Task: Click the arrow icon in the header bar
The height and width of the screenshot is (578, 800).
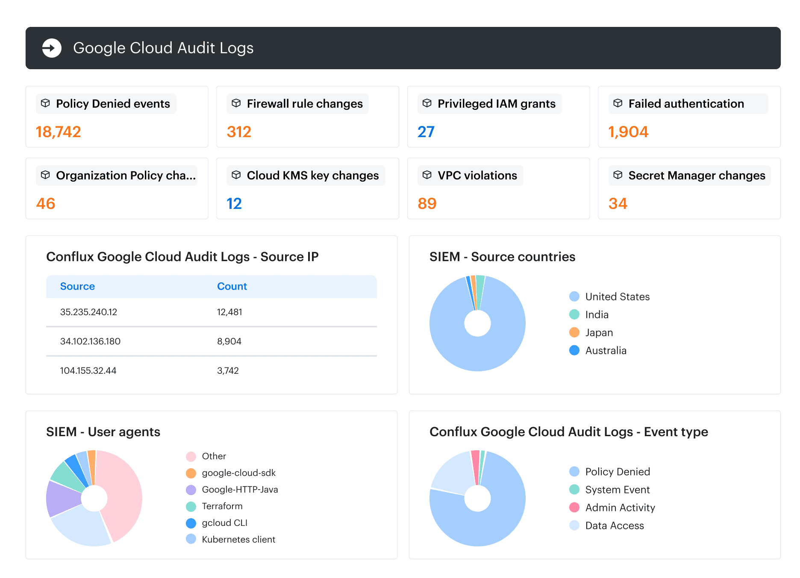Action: pyautogui.click(x=52, y=48)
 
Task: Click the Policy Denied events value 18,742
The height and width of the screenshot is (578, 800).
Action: pyautogui.click(x=59, y=132)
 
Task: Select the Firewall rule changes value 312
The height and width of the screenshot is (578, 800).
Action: pyautogui.click(x=239, y=132)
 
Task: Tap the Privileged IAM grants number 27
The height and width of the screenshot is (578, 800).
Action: pyautogui.click(x=426, y=132)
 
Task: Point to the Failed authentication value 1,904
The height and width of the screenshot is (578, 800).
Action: pyautogui.click(x=628, y=132)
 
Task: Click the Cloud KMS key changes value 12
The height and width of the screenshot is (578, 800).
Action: pyautogui.click(x=234, y=204)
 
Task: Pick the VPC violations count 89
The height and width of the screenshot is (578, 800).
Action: pyautogui.click(x=427, y=204)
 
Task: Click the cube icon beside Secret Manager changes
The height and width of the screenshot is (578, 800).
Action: pyautogui.click(x=618, y=175)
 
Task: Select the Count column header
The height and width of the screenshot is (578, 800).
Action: pyautogui.click(x=232, y=286)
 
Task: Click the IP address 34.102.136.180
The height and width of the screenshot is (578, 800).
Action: pyautogui.click(x=90, y=341)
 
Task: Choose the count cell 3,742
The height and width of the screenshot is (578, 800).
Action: pyautogui.click(x=228, y=371)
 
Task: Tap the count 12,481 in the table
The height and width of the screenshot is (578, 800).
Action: pyautogui.click(x=229, y=312)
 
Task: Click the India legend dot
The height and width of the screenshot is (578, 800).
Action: pyautogui.click(x=574, y=314)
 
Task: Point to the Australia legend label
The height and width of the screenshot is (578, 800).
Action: pyautogui.click(x=606, y=351)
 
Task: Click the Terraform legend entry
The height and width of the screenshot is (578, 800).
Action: pyautogui.click(x=214, y=506)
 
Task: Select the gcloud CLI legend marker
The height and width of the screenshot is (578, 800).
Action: pyautogui.click(x=191, y=523)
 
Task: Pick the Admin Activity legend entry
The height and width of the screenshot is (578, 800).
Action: pyautogui.click(x=612, y=508)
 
